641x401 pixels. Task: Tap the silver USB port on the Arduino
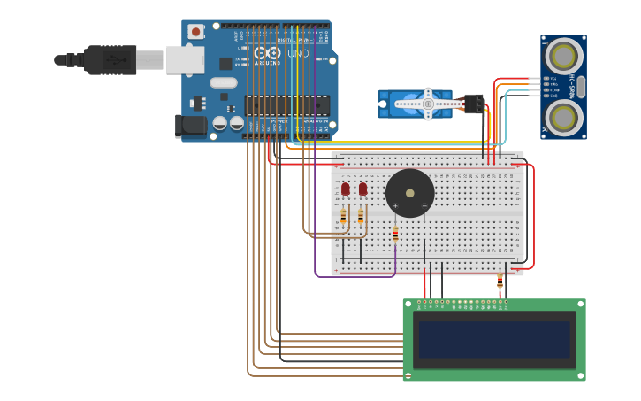[185, 60]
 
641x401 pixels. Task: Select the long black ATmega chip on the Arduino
[286, 105]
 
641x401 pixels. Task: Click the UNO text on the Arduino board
[299, 54]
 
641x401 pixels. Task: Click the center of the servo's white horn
[428, 104]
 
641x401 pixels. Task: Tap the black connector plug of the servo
[474, 104]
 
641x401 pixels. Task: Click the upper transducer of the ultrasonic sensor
[563, 58]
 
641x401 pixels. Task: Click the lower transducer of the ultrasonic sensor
[563, 116]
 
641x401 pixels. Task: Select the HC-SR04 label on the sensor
[572, 87]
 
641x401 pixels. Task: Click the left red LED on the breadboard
[345, 189]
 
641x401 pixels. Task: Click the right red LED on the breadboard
[362, 189]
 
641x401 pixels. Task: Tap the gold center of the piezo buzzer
[409, 193]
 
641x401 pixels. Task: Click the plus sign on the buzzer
[395, 206]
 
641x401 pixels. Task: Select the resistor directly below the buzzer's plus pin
[395, 235]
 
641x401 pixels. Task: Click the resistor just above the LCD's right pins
[500, 281]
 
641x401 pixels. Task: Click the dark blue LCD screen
[494, 339]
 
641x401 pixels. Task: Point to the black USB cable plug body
[111, 60]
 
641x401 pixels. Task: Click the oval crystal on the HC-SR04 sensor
[581, 87]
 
